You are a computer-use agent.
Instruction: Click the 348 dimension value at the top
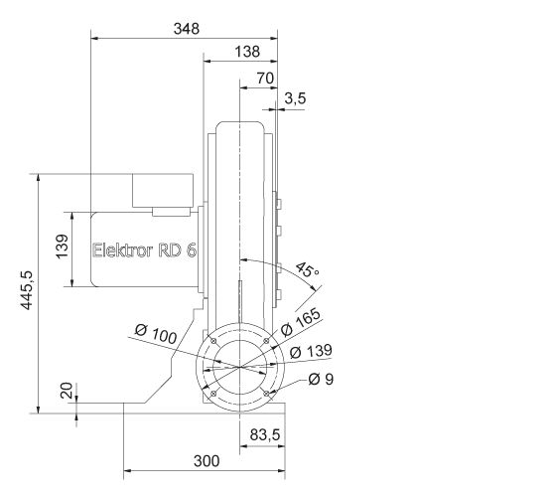[x=186, y=29]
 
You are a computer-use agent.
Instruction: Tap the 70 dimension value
[x=264, y=77]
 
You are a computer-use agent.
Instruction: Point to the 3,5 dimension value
[x=296, y=97]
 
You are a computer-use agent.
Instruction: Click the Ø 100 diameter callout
[x=154, y=337]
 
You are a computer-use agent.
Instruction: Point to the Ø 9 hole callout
[x=320, y=379]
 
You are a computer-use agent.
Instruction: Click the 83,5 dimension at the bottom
[x=263, y=435]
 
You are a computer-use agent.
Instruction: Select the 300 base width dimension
[x=205, y=461]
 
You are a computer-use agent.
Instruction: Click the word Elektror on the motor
[x=123, y=250]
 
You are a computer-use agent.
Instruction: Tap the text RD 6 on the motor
[x=178, y=250]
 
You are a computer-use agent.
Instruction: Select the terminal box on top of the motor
[x=165, y=192]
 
